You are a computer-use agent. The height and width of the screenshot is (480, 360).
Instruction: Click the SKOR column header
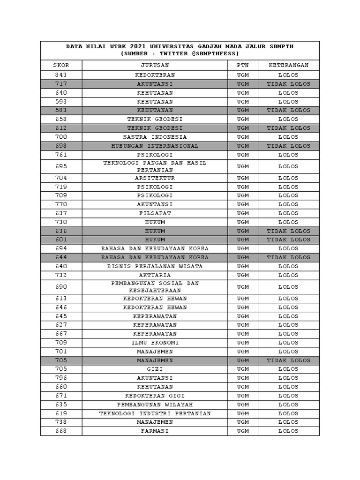pyautogui.click(x=61, y=65)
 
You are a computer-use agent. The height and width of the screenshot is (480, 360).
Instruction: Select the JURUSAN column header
pyautogui.click(x=155, y=65)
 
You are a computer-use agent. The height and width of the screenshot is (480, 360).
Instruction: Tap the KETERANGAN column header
pyautogui.click(x=288, y=65)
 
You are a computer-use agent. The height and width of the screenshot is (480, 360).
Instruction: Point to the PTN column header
pyautogui.click(x=243, y=65)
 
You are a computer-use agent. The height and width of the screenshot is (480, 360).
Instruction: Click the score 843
pyautogui.click(x=61, y=75)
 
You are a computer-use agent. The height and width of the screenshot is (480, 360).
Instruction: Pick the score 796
pyautogui.click(x=61, y=378)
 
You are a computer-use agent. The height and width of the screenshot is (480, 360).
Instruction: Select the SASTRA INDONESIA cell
pyautogui.click(x=155, y=137)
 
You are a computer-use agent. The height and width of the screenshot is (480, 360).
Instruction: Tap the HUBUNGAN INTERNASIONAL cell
pyautogui.click(x=155, y=146)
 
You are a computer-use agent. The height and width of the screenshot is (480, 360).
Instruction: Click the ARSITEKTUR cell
pyautogui.click(x=155, y=178)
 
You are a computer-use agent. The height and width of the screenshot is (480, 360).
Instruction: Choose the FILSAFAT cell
pyautogui.click(x=155, y=213)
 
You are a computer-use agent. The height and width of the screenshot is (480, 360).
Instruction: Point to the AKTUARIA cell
pyautogui.click(x=155, y=275)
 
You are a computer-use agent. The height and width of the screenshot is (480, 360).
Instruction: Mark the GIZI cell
pyautogui.click(x=155, y=369)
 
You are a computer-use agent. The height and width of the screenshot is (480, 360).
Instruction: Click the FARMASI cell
pyautogui.click(x=155, y=431)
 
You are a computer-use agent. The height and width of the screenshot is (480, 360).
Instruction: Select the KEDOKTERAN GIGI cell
pyautogui.click(x=155, y=396)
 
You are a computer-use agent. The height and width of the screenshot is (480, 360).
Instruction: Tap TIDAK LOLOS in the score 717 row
pyautogui.click(x=288, y=84)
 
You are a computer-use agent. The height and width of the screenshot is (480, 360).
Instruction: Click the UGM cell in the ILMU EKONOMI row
pyautogui.click(x=243, y=343)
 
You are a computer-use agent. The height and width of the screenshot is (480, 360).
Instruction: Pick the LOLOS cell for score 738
pyautogui.click(x=288, y=422)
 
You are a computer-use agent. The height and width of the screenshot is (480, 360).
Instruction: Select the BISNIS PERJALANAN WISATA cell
pyautogui.click(x=155, y=266)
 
